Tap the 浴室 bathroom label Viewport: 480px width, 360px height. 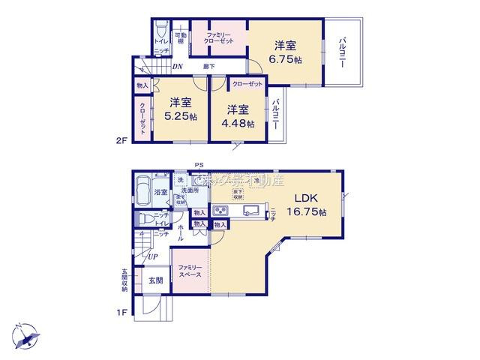pos(160,192)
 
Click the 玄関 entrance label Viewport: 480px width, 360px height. pos(153,280)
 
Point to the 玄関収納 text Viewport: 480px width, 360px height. pos(125,279)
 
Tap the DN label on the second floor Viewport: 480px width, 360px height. pos(177,66)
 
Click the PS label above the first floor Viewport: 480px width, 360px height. pos(199,165)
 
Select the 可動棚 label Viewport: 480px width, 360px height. pos(180,38)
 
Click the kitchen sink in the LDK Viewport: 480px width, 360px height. pos(249,210)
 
